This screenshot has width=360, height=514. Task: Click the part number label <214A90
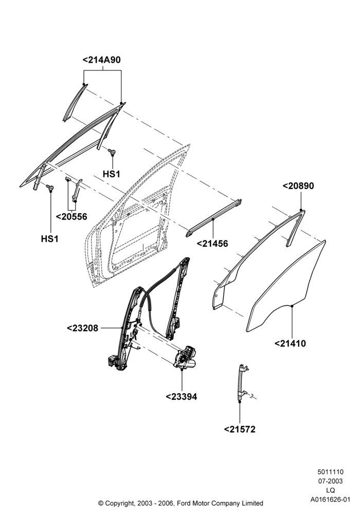pyautogui.click(x=102, y=60)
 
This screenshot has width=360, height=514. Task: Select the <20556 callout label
pyautogui.click(x=72, y=217)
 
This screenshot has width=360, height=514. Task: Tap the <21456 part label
pyautogui.click(x=212, y=244)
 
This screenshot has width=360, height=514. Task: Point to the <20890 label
pyautogui.click(x=298, y=186)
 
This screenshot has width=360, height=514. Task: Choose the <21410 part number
pyautogui.click(x=290, y=343)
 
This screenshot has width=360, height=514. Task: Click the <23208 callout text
pyautogui.click(x=83, y=328)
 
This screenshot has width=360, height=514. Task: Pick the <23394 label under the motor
pyautogui.click(x=182, y=397)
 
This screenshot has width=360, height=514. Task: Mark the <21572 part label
pyautogui.click(x=240, y=429)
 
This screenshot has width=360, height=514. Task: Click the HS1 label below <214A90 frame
pyautogui.click(x=112, y=174)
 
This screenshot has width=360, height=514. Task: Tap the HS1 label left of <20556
pyautogui.click(x=50, y=239)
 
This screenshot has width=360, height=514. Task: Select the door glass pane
pyautogui.click(x=286, y=286)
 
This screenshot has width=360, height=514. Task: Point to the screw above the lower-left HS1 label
pyautogui.click(x=50, y=187)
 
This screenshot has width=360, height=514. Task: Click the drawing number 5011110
pyautogui.click(x=331, y=472)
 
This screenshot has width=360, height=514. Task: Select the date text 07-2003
pyautogui.click(x=331, y=481)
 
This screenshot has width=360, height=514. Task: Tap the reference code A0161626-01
pyautogui.click(x=331, y=500)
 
